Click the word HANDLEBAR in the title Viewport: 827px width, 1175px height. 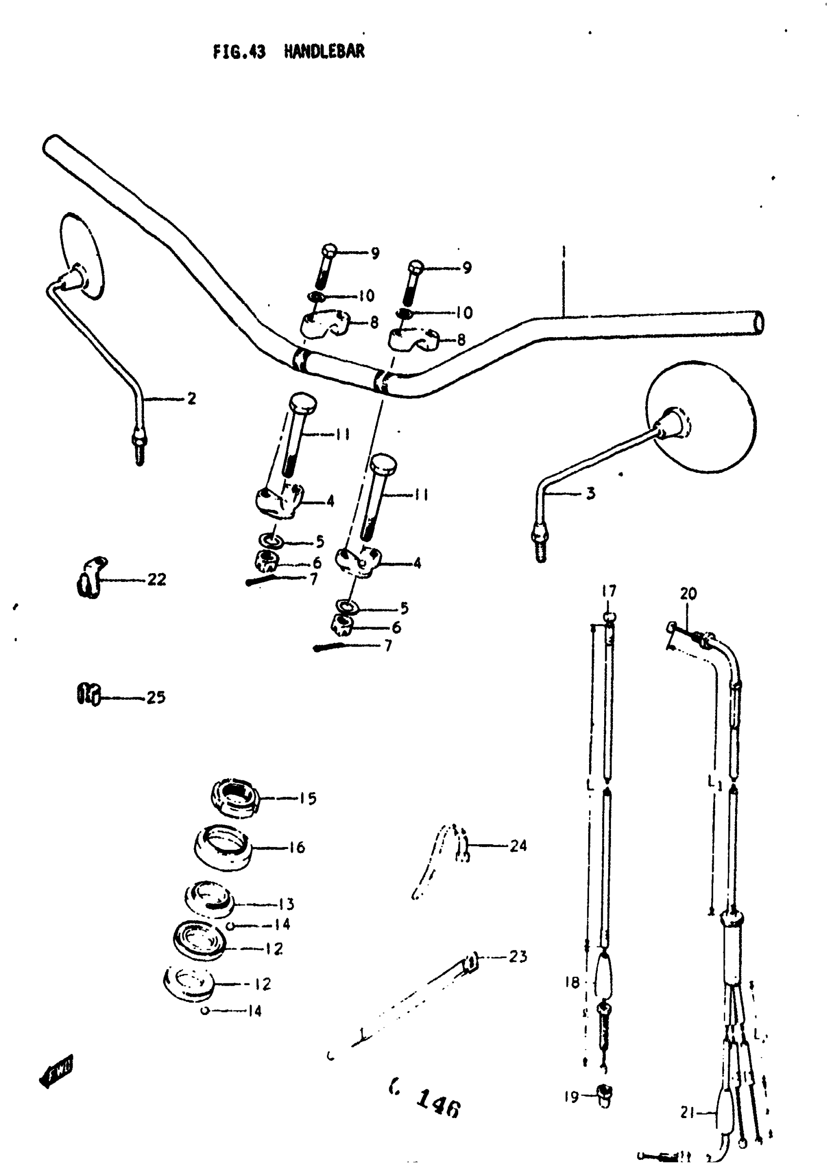[324, 52]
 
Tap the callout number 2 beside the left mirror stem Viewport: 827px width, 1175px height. [191, 398]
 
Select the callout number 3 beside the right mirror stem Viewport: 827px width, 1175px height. [591, 493]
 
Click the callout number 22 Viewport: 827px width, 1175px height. [157, 579]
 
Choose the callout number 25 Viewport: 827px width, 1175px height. [156, 697]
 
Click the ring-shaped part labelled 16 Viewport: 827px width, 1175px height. [222, 847]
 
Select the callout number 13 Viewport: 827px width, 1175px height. [286, 904]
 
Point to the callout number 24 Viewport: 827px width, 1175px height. [518, 846]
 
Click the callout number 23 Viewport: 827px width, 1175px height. [518, 956]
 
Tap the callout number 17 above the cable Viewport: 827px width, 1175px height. [609, 591]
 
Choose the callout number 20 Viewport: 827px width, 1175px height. [688, 594]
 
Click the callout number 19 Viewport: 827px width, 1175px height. [572, 1097]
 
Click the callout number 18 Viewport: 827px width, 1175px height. [572, 982]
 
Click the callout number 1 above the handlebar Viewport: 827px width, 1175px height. [563, 252]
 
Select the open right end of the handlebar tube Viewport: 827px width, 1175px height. [759, 324]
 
